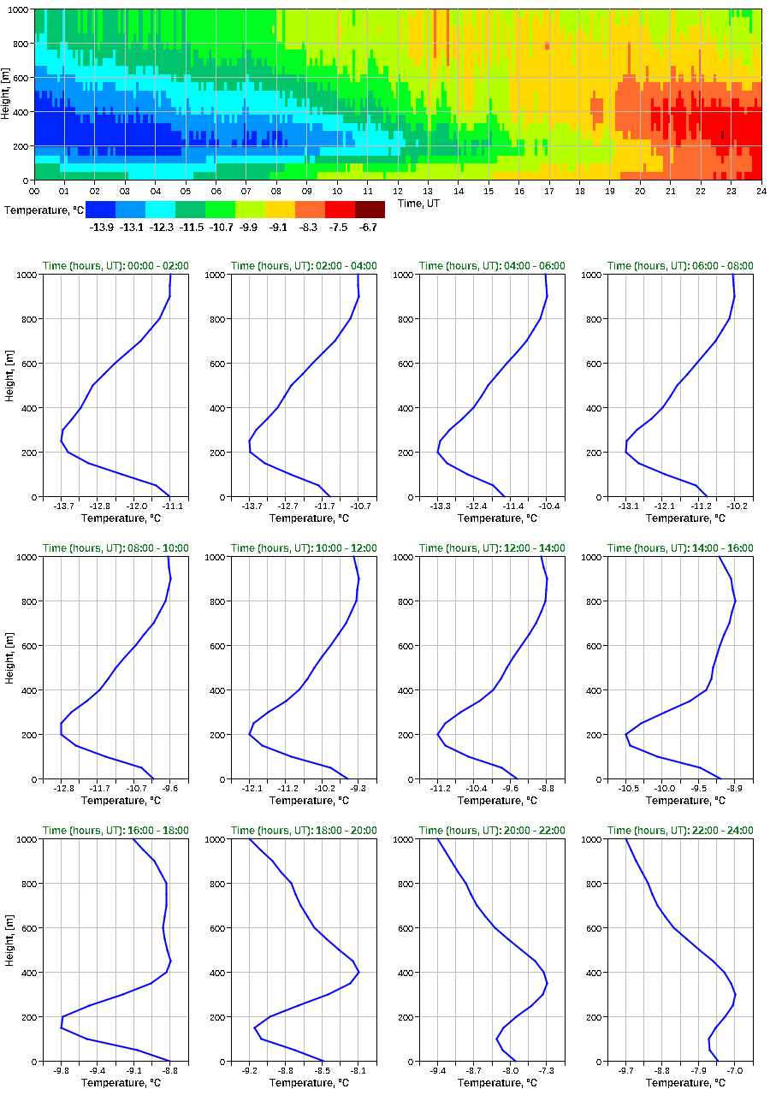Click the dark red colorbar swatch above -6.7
pos(370,209)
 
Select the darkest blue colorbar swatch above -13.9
pos(100,209)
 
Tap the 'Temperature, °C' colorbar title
pos(42,209)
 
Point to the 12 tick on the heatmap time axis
pos(398,191)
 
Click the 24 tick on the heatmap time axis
pos(761,191)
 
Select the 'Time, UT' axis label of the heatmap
pos(423,203)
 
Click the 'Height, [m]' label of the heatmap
pos(7,94)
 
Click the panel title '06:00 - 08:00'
pos(680,266)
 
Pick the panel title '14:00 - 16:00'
pos(680,548)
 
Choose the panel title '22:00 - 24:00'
pos(680,831)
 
